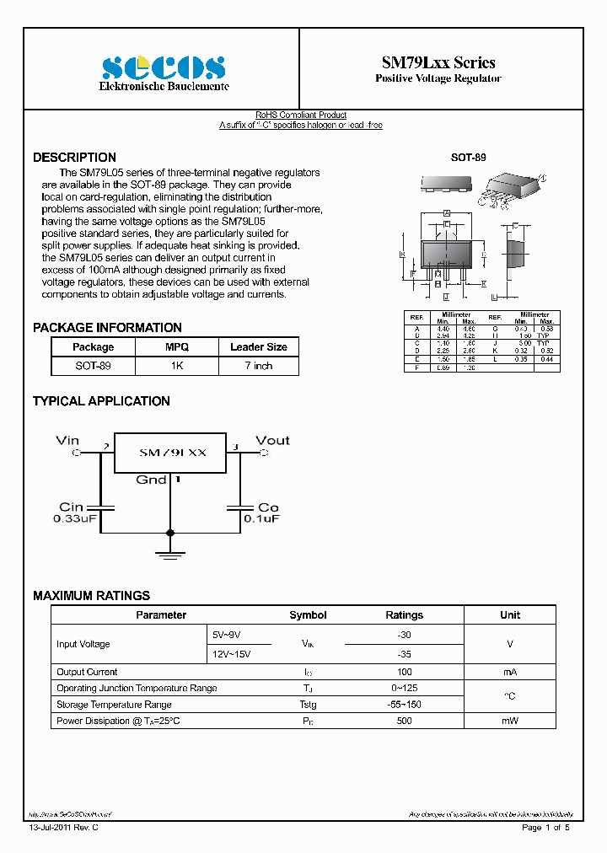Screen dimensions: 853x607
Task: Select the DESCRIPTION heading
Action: click(74, 158)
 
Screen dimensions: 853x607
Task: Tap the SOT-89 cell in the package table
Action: click(93, 366)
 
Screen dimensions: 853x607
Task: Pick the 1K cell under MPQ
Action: click(177, 366)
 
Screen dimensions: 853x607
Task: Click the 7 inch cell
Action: click(258, 366)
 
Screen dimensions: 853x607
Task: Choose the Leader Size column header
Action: click(258, 347)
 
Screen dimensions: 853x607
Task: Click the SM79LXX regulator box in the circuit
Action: click(171, 453)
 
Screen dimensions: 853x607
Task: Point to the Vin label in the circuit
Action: click(67, 440)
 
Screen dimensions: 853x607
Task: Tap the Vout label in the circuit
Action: click(271, 440)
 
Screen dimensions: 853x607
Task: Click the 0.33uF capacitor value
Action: click(77, 519)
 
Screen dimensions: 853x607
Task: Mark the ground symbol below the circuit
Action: click(171, 554)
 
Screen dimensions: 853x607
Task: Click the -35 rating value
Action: click(404, 653)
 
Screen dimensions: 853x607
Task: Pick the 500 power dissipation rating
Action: click(404, 721)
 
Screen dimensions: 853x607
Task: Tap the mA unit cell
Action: click(509, 672)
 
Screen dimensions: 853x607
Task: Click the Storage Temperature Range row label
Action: click(113, 705)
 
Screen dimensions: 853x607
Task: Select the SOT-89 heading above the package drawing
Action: click(469, 158)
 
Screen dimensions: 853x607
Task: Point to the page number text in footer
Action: click(546, 828)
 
